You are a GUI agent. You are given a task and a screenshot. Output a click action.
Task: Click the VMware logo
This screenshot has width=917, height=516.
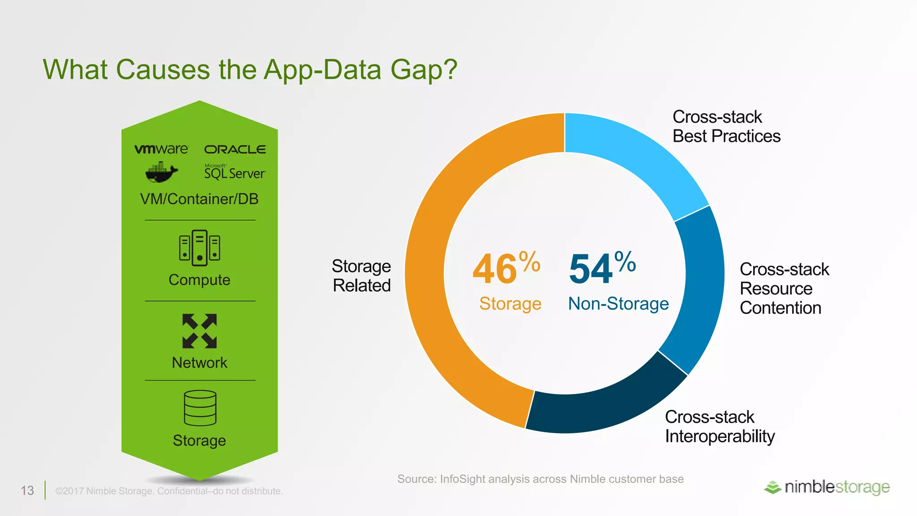coord(161,149)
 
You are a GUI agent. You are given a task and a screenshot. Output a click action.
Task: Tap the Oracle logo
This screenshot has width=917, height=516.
coord(235,149)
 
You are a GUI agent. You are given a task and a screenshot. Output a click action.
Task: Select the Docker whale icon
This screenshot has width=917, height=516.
coord(161,172)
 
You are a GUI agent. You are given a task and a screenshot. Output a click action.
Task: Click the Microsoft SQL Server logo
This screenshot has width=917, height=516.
coord(235,172)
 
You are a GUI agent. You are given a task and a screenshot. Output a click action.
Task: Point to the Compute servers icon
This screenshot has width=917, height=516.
coord(200,248)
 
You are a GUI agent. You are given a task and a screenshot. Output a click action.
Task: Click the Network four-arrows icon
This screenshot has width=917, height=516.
coord(200,331)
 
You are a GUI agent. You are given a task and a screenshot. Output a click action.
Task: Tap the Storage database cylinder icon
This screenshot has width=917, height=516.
coord(200,408)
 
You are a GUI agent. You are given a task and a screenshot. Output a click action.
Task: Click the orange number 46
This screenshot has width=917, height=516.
coord(495,269)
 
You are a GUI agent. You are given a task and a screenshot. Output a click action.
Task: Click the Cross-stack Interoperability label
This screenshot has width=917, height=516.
coord(720,426)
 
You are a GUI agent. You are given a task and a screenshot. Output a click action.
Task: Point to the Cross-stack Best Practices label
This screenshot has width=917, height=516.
coord(726,127)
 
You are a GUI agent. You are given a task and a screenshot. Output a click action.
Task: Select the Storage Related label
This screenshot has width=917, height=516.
coord(361,276)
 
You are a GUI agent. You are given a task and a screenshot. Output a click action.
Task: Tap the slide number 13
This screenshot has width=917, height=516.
coord(27,490)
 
